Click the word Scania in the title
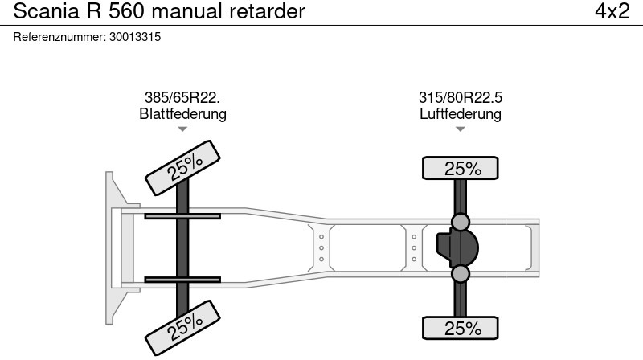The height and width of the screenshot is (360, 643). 46,11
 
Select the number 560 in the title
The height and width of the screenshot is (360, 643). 126,11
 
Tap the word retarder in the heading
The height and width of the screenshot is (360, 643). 267,11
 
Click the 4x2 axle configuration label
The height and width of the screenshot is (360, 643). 612,11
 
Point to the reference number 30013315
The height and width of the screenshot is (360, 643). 135,37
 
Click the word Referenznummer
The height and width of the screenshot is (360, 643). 59,37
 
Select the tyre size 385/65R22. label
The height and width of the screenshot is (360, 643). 182,97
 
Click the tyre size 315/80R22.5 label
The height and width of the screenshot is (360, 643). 460,97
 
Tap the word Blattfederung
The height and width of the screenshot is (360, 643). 182,113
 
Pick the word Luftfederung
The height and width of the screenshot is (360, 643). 460,113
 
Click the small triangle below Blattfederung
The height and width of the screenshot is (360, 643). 182,129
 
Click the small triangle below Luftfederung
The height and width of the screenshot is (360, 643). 460,129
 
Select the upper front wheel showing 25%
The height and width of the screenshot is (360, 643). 182,168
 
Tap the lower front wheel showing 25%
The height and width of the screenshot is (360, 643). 182,328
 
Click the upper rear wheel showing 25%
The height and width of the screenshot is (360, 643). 460,168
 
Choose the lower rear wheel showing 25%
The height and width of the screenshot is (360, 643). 460,328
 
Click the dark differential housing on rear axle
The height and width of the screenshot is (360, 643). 457,248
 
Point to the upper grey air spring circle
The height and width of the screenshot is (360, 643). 460,222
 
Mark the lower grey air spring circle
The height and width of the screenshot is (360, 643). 460,274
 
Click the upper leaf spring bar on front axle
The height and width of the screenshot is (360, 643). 182,216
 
